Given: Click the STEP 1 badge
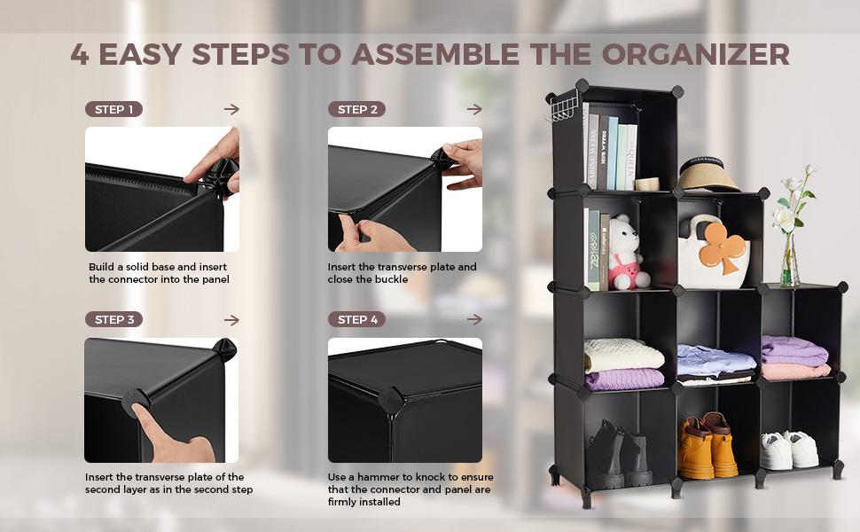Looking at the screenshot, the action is point(113,109).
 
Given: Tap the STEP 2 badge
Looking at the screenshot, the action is point(356,109).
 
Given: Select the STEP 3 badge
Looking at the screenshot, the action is point(113,319).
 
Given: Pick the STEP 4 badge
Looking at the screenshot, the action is point(356,319).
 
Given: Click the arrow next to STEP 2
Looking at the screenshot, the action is point(474,109).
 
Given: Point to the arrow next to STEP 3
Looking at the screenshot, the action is point(231,320).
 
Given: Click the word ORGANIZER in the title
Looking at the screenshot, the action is point(695,54).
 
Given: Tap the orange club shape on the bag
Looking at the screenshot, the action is point(724,246).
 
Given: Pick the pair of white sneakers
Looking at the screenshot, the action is point(790,450).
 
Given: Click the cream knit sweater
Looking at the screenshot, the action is point(623,355).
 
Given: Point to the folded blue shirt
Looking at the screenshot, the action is point(715,360).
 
